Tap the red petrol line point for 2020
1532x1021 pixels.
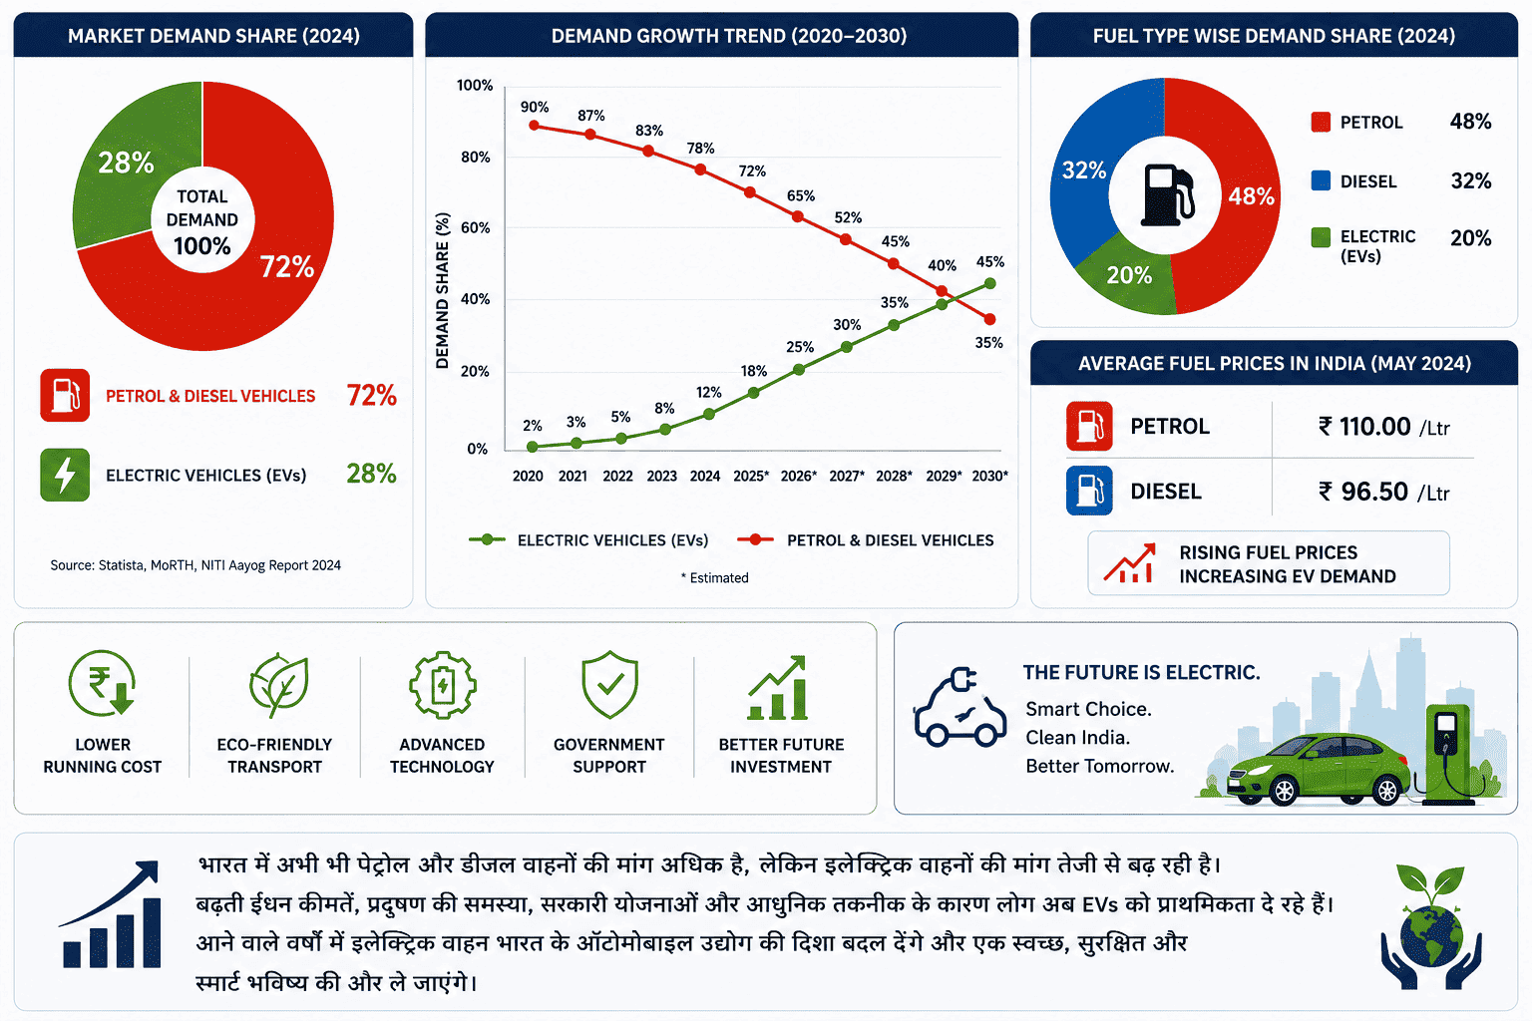pos(535,126)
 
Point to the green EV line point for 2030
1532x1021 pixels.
pos(989,283)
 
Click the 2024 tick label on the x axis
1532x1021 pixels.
pos(705,476)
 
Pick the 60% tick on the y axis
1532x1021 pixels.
pos(476,227)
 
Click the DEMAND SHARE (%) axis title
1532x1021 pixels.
pos(443,290)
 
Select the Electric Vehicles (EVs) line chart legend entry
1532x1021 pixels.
pos(588,540)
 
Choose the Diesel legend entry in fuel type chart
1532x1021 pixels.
pos(1354,181)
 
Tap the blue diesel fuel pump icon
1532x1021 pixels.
pos(1089,491)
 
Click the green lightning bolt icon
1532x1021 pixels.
pos(65,475)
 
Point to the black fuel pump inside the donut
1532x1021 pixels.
pos(1166,194)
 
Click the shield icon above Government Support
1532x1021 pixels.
pos(609,685)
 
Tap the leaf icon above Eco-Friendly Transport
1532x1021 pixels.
pos(278,685)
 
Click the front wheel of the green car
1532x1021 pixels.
pos(1284,791)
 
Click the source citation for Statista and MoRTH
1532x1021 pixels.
pos(195,565)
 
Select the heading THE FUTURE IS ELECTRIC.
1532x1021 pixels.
pos(1141,672)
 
